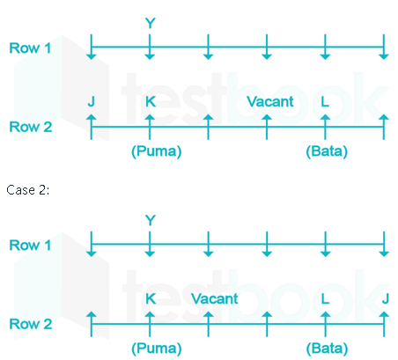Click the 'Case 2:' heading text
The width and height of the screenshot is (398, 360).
28,190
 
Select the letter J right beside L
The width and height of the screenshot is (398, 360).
386,299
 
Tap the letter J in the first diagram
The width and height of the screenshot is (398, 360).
92,102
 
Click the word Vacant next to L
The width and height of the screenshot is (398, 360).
270,102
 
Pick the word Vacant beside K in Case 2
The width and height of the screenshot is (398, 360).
215,299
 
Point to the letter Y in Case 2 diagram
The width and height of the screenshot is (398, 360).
151,220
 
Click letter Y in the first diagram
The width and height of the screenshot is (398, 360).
151,23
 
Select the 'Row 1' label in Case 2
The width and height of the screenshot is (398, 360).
30,246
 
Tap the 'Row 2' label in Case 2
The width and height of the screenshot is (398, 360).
31,324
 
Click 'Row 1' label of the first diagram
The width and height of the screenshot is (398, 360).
30,48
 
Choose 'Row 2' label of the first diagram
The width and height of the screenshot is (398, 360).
31,127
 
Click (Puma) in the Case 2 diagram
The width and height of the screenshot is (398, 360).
157,349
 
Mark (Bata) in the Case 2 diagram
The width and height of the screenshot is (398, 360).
327,349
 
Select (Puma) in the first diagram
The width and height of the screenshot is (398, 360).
157,151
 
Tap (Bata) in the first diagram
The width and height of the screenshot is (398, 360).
327,151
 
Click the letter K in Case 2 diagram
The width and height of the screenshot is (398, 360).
151,299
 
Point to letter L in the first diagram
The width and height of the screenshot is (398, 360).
325,102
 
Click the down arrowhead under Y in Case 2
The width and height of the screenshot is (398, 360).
150,254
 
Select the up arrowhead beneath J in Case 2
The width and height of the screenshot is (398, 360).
384,315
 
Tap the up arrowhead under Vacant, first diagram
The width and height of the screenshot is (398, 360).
267,118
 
